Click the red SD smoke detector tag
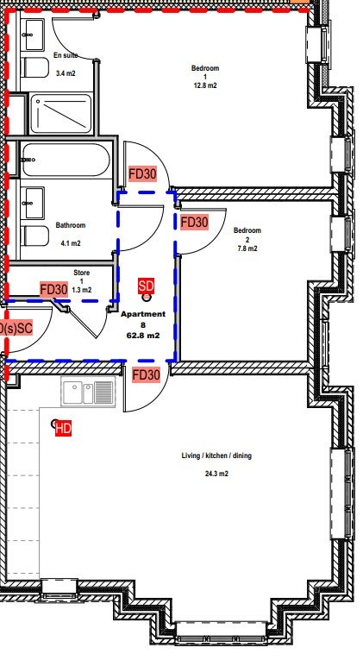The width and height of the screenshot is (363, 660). pyautogui.click(x=147, y=286)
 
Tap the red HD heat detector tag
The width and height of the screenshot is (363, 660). pyautogui.click(x=64, y=429)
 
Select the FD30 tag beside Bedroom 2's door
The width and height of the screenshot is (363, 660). pyautogui.click(x=194, y=223)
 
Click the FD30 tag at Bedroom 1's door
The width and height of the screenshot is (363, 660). pyautogui.click(x=142, y=173)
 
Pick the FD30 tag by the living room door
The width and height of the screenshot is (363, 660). pyautogui.click(x=147, y=374)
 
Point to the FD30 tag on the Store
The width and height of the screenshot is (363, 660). pyautogui.click(x=53, y=290)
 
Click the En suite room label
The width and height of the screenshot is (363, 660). pyautogui.click(x=66, y=55)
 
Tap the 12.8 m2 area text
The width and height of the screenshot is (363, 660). pyautogui.click(x=205, y=85)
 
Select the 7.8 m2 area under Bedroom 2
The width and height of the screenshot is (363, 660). pyautogui.click(x=247, y=248)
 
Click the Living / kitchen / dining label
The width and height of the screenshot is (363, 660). pyautogui.click(x=216, y=456)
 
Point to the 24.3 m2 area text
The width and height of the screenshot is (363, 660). pyautogui.click(x=216, y=474)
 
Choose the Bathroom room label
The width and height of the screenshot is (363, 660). pyautogui.click(x=71, y=225)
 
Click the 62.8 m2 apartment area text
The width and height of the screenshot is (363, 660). pyautogui.click(x=143, y=336)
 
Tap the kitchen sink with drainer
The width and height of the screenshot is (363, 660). pyautogui.click(x=88, y=393)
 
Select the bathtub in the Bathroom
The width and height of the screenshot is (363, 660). pyautogui.click(x=66, y=160)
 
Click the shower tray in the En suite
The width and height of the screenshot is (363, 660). pyautogui.click(x=61, y=113)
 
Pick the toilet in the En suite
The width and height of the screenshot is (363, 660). pyautogui.click(x=34, y=67)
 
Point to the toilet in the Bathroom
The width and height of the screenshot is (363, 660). pyautogui.click(x=34, y=236)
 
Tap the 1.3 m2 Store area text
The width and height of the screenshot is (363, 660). pyautogui.click(x=82, y=290)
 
